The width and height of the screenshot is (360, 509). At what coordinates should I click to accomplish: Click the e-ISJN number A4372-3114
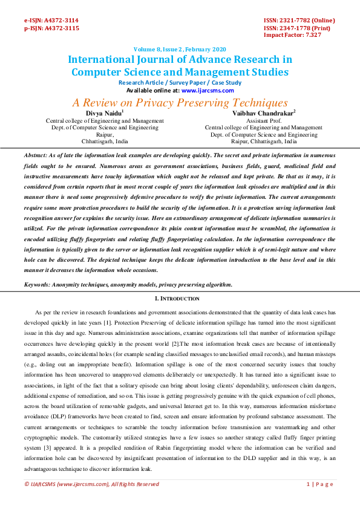[63, 20]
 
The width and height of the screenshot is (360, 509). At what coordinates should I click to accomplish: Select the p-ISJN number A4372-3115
[63, 28]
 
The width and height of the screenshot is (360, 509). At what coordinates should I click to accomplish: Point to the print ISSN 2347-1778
[298, 28]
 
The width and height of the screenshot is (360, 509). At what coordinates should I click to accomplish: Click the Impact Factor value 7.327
[313, 35]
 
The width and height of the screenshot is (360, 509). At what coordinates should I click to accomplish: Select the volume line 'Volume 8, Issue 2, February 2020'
[180, 50]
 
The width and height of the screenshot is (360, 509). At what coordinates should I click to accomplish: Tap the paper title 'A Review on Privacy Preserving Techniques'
[180, 103]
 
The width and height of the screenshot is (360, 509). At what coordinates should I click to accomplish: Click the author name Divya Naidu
[103, 112]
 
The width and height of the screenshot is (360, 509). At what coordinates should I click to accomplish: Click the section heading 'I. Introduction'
[180, 299]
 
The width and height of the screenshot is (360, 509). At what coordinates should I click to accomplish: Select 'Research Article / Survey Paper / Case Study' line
[180, 82]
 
